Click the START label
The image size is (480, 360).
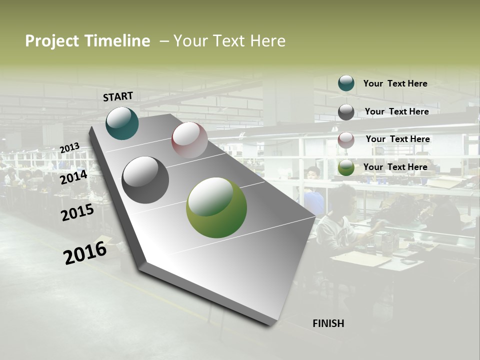[x=118, y=96]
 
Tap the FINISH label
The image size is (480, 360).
[x=328, y=323]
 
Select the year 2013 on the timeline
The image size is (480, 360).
[x=70, y=148]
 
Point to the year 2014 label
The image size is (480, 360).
[x=74, y=177]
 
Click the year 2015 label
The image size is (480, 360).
[x=77, y=212]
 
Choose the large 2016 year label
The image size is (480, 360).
[x=85, y=252]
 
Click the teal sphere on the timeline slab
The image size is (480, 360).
[x=122, y=123]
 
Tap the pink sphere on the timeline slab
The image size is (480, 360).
[x=189, y=140]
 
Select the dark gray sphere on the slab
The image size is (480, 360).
[x=145, y=180]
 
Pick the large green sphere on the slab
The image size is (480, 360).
[x=216, y=207]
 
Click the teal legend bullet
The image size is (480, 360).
[x=346, y=83]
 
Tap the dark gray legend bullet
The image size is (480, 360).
[x=346, y=111]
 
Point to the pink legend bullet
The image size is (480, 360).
[x=346, y=139]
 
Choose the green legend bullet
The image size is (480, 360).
[x=346, y=167]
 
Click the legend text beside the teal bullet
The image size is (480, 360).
[x=395, y=83]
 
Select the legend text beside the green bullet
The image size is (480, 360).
[x=395, y=167]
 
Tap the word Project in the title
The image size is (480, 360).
[x=51, y=41]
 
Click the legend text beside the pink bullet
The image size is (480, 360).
[x=397, y=139]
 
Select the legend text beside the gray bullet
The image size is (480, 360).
[x=396, y=111]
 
